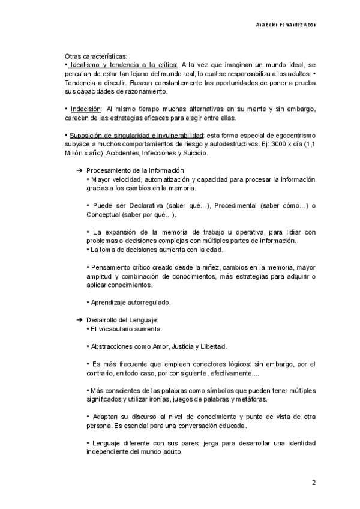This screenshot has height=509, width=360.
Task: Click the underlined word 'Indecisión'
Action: tap(85, 109)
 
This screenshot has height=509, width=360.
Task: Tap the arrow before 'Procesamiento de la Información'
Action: tap(79, 171)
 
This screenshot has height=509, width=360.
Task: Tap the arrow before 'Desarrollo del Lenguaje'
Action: tap(79, 320)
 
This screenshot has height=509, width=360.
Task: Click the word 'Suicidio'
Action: tap(193, 154)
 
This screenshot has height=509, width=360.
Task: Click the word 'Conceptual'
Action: tap(105, 214)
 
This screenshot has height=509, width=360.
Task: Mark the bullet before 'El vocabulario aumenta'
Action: tap(88, 329)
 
